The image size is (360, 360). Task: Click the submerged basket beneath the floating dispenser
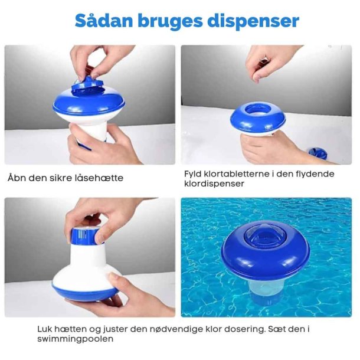pyautogui.click(x=266, y=290)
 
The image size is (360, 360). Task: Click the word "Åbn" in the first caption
pyautogui.click(x=17, y=178)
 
